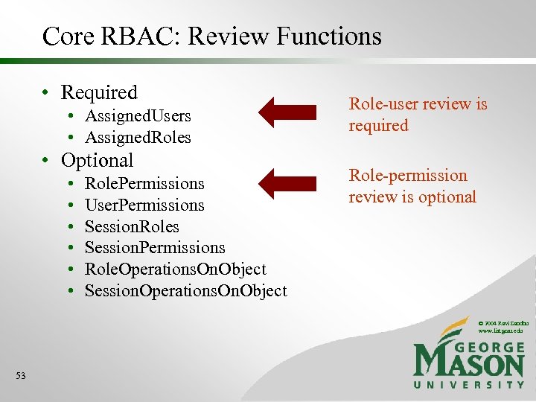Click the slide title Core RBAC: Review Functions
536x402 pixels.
(211, 36)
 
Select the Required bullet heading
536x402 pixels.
(99, 92)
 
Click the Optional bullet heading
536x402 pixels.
(97, 160)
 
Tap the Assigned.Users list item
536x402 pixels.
(138, 116)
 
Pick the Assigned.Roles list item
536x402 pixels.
(138, 138)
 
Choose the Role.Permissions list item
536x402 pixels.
(144, 183)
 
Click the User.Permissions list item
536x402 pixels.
(144, 205)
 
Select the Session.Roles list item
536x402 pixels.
(132, 226)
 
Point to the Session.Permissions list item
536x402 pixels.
(155, 248)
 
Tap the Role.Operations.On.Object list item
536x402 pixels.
(175, 269)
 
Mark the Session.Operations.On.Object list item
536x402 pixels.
(185, 290)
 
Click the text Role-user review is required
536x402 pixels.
(418, 115)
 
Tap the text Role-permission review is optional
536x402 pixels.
(412, 186)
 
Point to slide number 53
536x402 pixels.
(20, 376)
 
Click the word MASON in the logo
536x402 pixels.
(468, 363)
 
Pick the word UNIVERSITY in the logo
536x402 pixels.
(468, 384)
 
